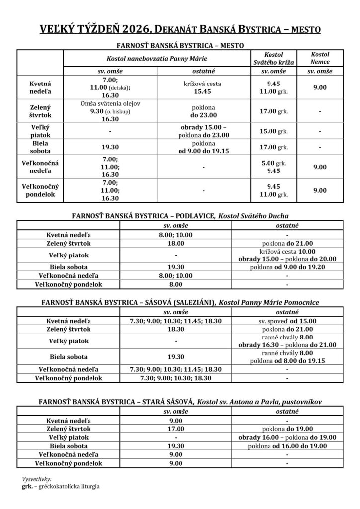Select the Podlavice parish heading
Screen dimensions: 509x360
tap(180, 215)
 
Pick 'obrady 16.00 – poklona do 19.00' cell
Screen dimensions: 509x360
tap(288, 437)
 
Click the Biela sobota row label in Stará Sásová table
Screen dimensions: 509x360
tap(68, 446)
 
